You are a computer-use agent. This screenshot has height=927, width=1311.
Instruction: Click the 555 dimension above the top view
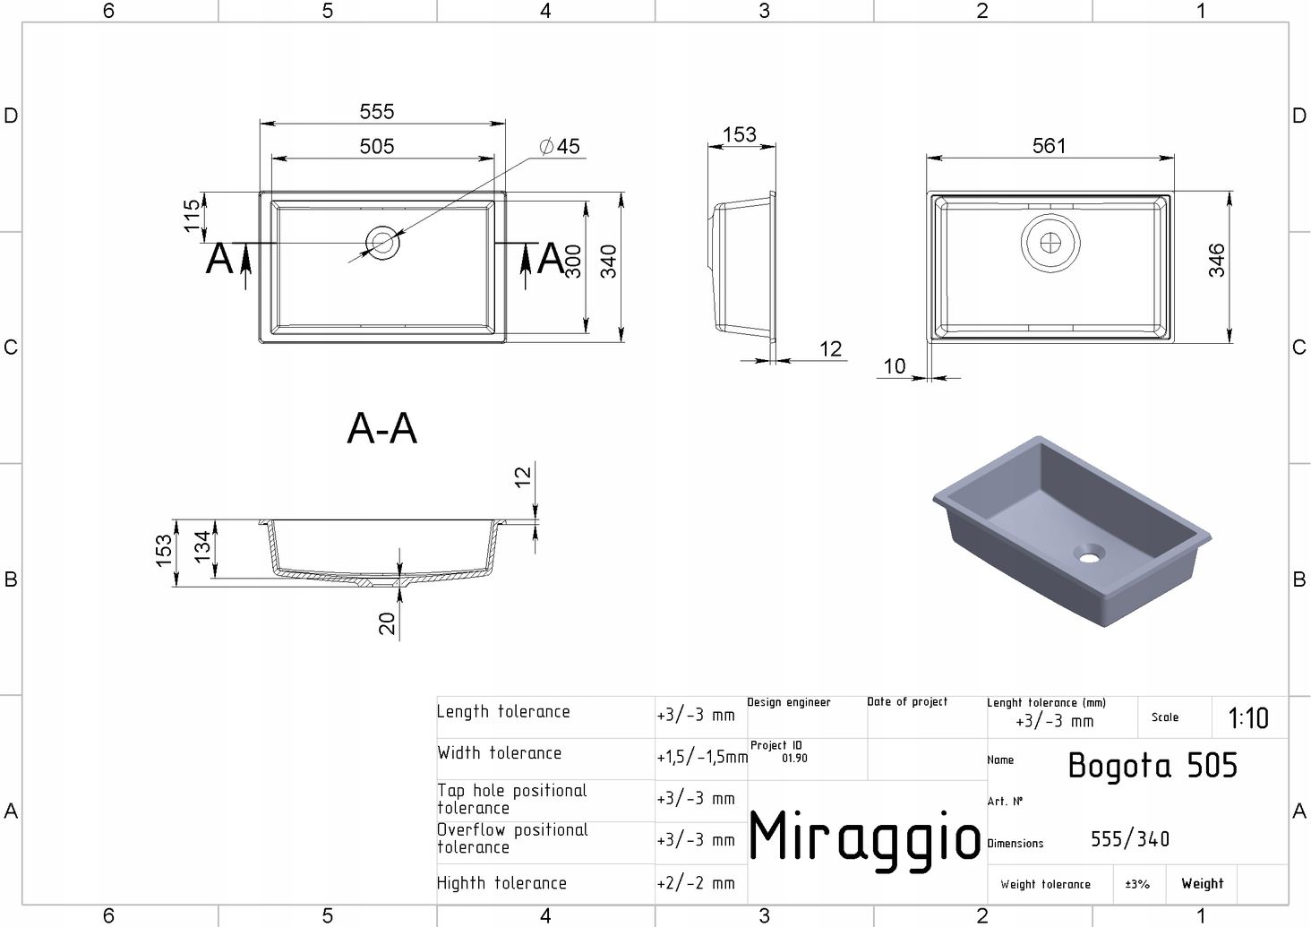pos(377,111)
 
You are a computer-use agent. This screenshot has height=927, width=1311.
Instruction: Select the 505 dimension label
pos(377,146)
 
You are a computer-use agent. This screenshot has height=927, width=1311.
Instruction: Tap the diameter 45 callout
pos(560,146)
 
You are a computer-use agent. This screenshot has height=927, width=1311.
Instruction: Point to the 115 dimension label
pos(192,215)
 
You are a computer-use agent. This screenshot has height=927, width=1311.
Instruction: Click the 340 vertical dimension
pos(609,262)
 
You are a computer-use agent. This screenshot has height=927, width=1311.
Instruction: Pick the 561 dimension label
pos(1050,146)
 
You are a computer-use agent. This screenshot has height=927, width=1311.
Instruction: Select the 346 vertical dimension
pos(1217,261)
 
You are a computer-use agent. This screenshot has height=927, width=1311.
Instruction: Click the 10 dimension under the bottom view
pos(895,366)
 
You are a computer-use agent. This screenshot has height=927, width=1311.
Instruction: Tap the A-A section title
pos(381,428)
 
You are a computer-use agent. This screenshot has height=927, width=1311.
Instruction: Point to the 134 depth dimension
pos(201,547)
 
